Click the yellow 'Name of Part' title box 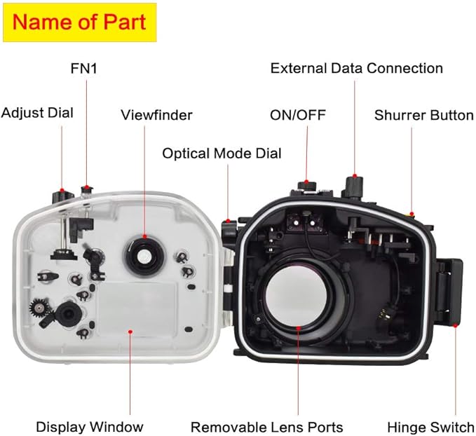point(79,22)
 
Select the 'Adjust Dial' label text point(37,112)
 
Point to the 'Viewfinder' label point(156,114)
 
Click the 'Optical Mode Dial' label point(222,152)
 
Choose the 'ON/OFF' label point(298,114)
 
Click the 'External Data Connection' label point(356,68)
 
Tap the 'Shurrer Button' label point(423,114)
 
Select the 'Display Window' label point(89,426)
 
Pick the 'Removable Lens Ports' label point(267,426)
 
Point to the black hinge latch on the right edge point(449,288)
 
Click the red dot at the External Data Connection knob point(355,175)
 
